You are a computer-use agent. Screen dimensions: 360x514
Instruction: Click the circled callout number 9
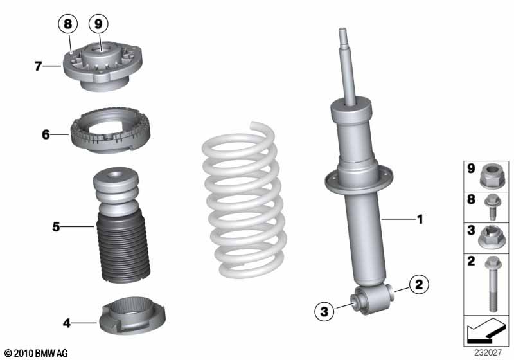click(x=98, y=24)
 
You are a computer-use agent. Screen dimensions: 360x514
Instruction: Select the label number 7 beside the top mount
click(x=39, y=65)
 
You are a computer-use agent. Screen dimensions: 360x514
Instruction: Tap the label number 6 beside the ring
click(x=46, y=134)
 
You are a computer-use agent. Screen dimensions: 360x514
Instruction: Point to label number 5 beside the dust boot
click(x=57, y=226)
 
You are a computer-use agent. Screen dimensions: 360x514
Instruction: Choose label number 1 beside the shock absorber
click(x=420, y=220)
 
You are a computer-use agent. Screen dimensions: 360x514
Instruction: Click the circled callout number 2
click(x=418, y=283)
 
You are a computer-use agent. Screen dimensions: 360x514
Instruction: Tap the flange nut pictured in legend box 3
click(x=490, y=237)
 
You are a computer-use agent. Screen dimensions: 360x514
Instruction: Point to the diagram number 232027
click(x=489, y=352)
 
